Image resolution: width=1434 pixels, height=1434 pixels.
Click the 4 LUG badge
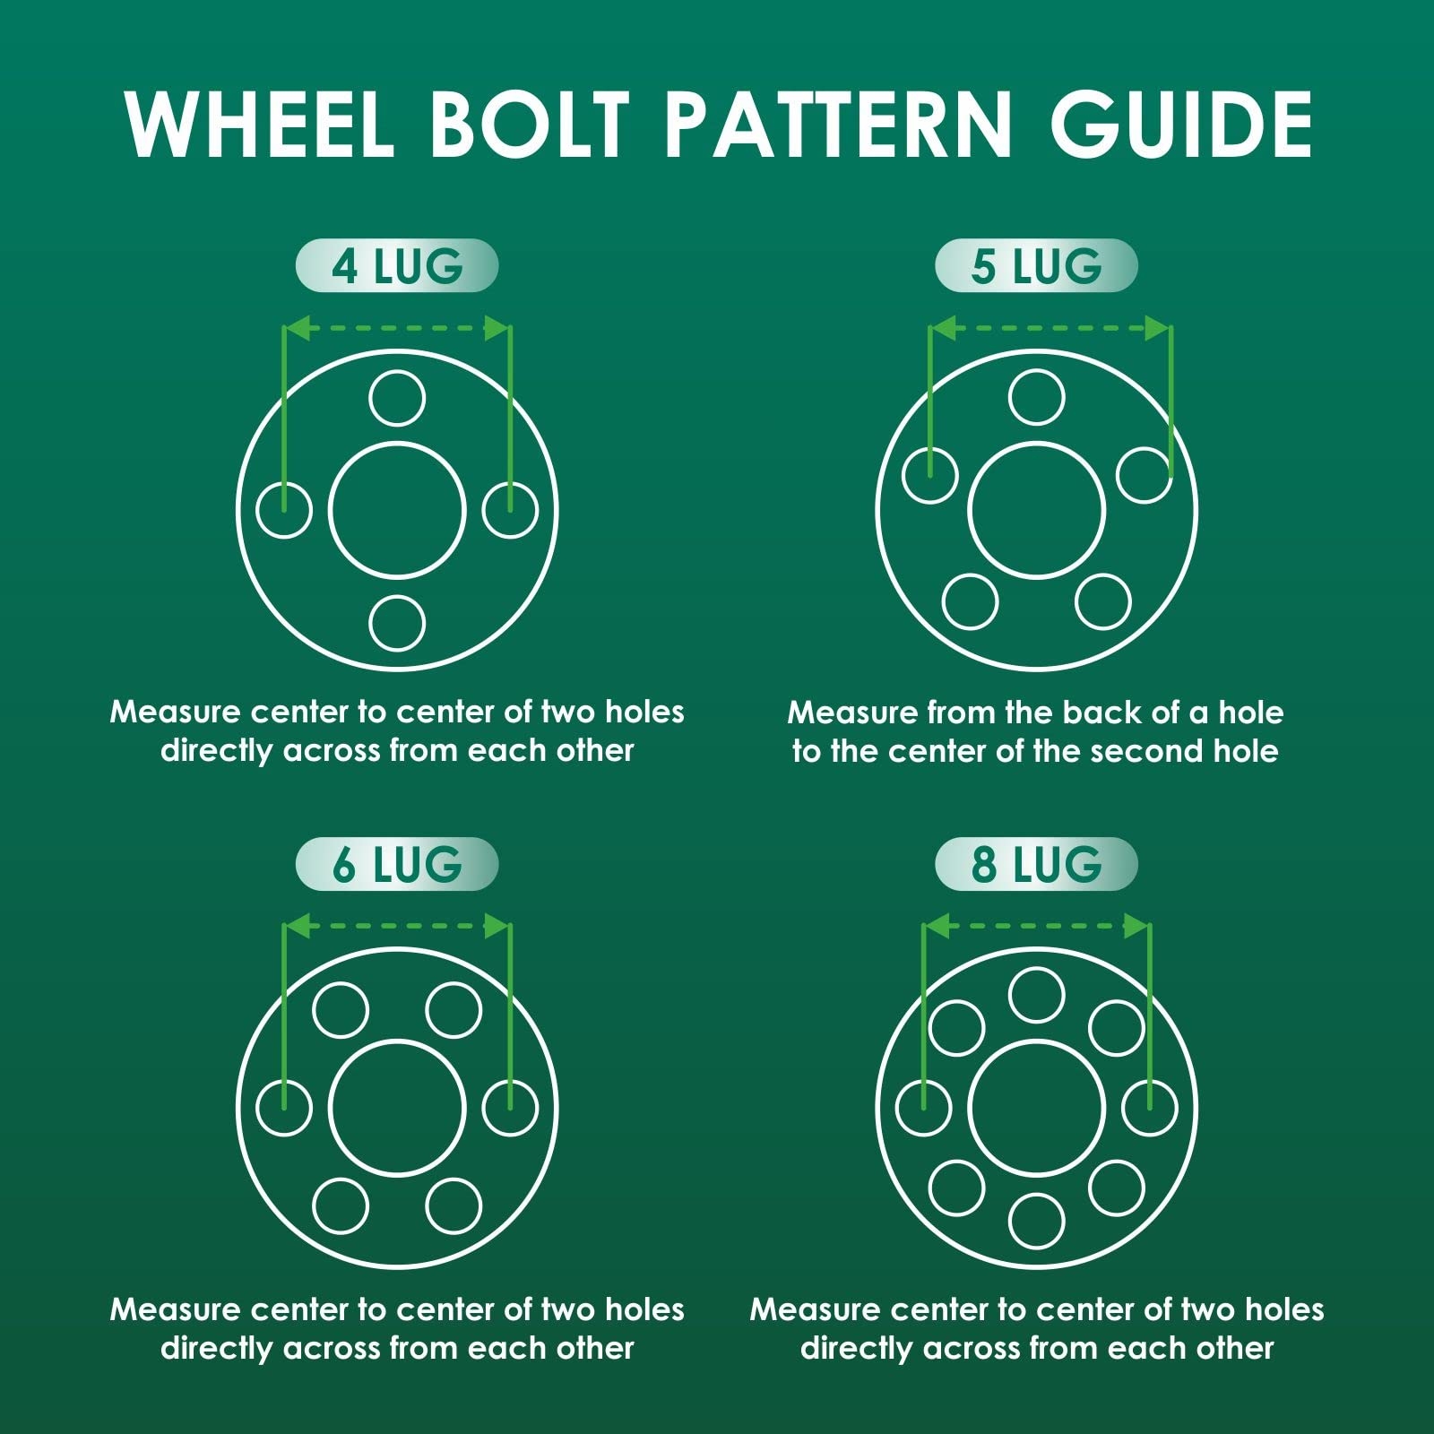(396, 265)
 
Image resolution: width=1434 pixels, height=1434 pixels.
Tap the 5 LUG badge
(1036, 265)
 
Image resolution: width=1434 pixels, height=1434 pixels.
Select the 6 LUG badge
(396, 864)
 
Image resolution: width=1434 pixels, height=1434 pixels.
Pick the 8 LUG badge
(1036, 864)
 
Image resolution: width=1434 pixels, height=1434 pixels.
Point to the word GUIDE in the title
(1181, 125)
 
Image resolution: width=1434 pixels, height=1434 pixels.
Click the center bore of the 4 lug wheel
(397, 510)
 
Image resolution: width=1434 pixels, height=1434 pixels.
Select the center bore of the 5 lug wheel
(1036, 511)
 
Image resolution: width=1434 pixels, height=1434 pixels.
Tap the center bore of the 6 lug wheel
(397, 1108)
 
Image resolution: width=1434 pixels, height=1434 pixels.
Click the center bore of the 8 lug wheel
(1036, 1108)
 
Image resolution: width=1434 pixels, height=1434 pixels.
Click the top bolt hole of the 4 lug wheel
(397, 398)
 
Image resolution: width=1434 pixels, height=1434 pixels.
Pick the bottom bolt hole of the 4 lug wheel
(397, 623)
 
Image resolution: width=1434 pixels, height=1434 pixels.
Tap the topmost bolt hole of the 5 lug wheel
(1036, 397)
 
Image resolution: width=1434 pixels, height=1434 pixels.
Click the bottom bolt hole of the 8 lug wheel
(1036, 1221)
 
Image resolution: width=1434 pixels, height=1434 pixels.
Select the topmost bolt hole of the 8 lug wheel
(1036, 995)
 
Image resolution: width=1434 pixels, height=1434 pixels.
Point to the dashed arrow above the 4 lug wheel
(397, 328)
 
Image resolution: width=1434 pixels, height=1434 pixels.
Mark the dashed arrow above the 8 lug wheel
(1036, 926)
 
